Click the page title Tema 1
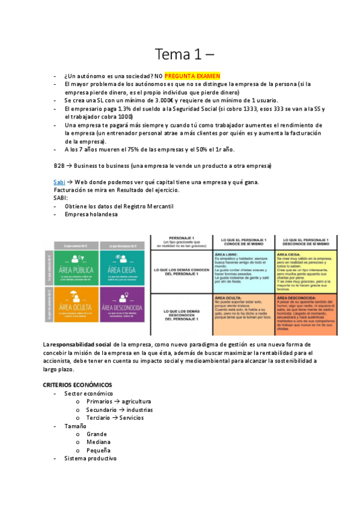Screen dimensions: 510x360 [x=179, y=55]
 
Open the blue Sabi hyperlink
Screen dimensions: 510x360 [x=59, y=182]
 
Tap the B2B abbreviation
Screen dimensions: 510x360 [x=59, y=165]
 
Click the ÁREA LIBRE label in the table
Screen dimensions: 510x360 [x=227, y=255]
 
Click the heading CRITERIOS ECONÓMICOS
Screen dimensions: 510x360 [x=77, y=384]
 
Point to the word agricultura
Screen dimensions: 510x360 [x=136, y=401]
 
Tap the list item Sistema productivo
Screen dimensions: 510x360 [x=90, y=458]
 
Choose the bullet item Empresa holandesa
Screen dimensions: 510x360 [x=91, y=214]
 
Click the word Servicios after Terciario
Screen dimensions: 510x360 [x=135, y=417]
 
